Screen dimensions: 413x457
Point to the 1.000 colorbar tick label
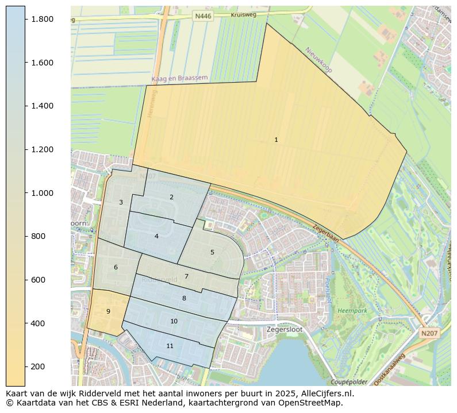tap(42, 193)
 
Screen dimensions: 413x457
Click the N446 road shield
tap(203, 16)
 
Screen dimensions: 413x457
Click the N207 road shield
tap(428, 333)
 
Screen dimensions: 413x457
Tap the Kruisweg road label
tap(243, 14)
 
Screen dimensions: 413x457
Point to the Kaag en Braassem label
tap(179, 78)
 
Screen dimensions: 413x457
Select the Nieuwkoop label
tap(320, 60)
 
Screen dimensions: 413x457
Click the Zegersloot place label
tap(284, 330)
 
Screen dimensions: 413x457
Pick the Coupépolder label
tap(349, 382)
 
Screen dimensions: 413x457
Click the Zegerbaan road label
tap(325, 235)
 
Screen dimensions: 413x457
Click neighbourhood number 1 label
tap(276, 140)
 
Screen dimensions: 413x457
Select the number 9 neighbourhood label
tap(108, 311)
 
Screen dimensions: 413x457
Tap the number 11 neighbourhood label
tap(170, 346)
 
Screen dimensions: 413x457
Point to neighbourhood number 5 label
tap(212, 252)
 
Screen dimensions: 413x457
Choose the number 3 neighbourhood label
tap(121, 202)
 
